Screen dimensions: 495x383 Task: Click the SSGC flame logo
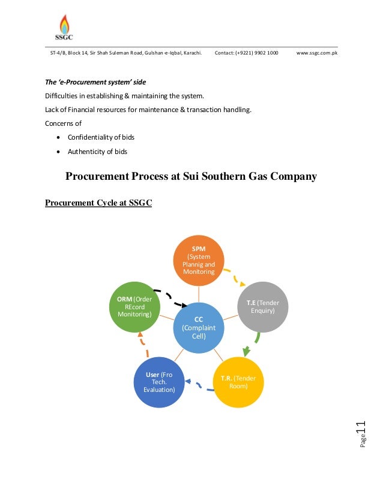[65, 26]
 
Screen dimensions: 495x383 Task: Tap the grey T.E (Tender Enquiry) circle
[263, 307]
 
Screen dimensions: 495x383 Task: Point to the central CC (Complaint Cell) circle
[198, 328]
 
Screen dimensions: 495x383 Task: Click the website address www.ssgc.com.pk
[316, 53]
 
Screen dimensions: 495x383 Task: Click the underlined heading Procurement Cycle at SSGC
[98, 203]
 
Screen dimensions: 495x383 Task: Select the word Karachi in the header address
[190, 53]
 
